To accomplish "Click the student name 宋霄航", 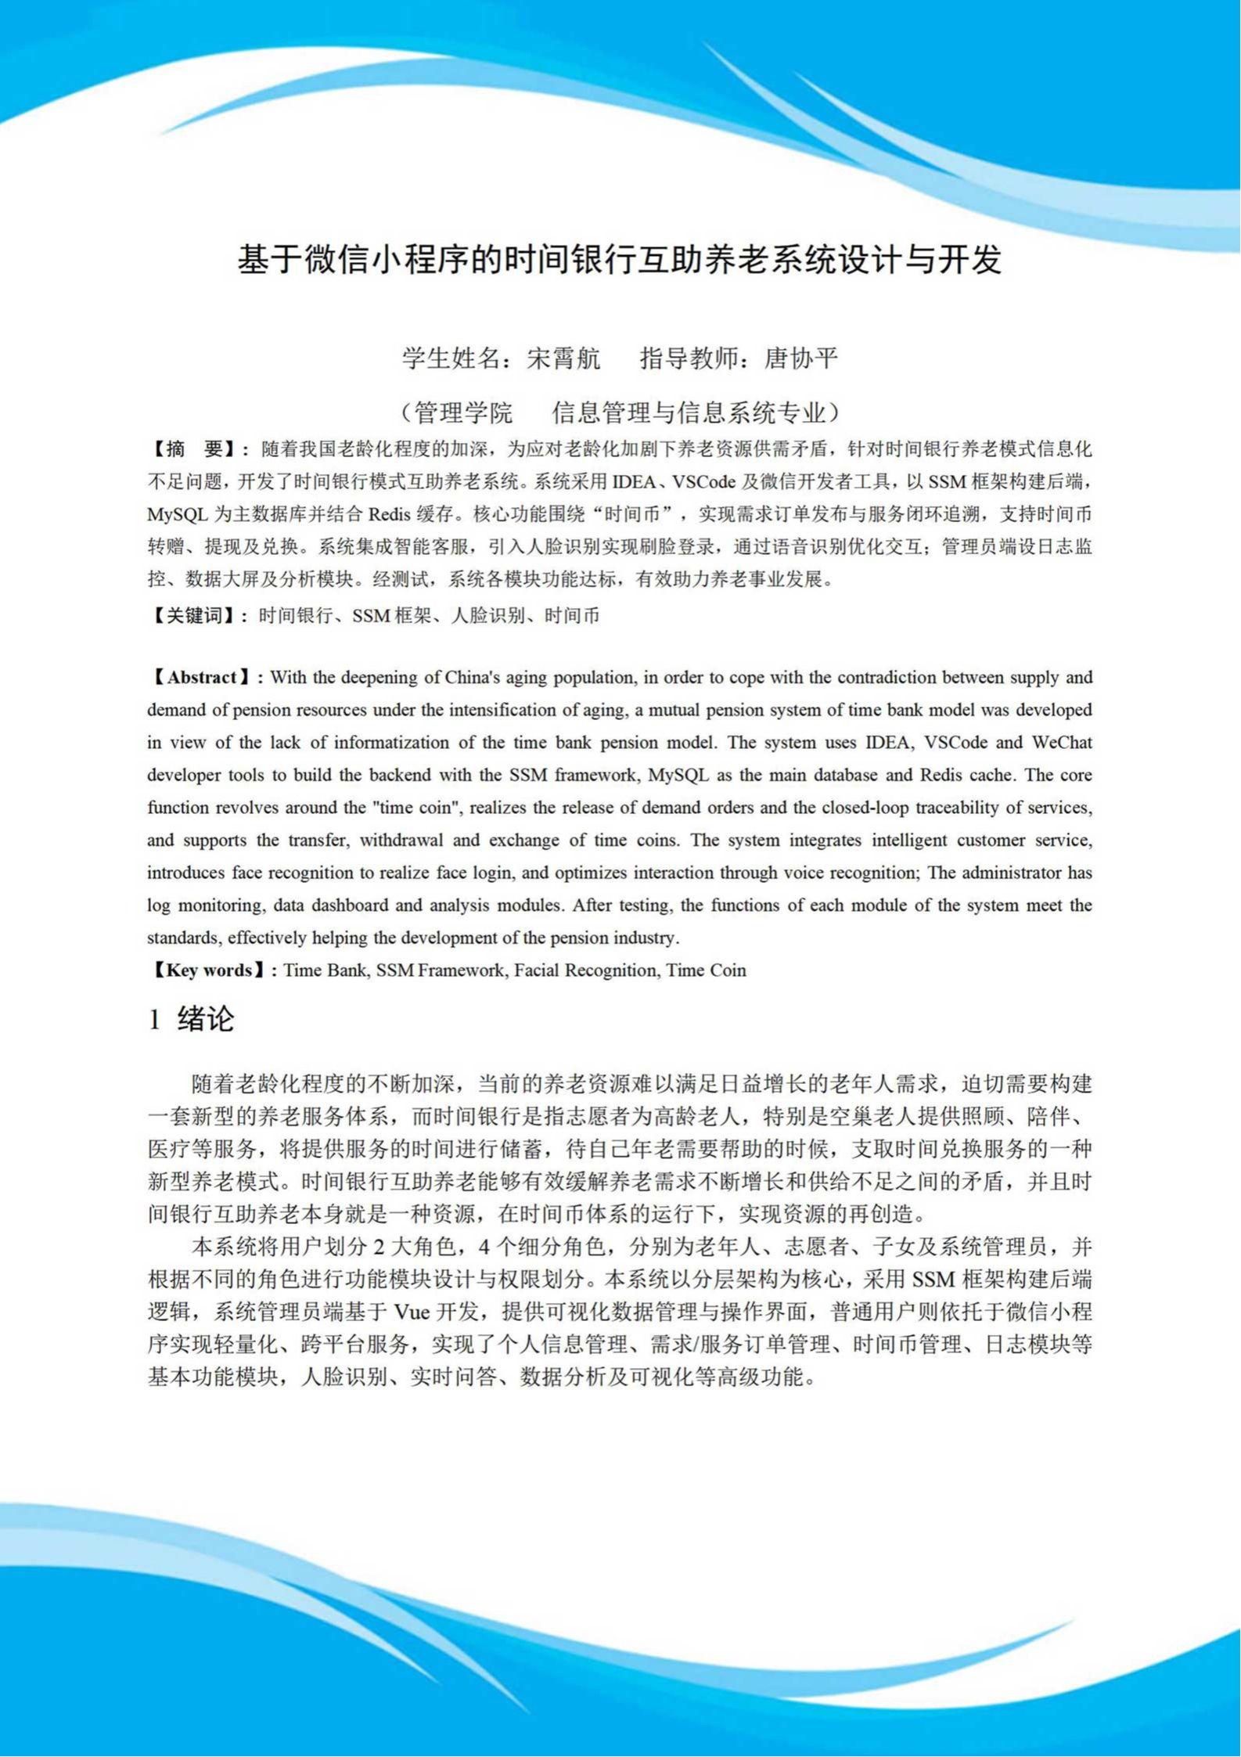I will pos(564,358).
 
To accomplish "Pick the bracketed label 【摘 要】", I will pos(195,449).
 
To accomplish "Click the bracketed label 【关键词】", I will pos(195,616).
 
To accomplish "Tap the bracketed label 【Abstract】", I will pos(202,678).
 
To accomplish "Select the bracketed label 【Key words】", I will pos(207,970).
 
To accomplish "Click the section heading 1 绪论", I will pos(192,1019).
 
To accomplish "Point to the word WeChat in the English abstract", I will pos(1062,743).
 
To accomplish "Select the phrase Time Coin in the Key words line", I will pos(707,970).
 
